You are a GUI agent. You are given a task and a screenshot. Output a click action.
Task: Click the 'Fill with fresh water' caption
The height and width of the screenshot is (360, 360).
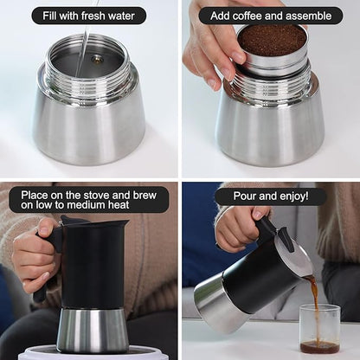[89, 16]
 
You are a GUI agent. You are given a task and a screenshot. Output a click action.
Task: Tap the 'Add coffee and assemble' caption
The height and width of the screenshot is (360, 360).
[271, 16]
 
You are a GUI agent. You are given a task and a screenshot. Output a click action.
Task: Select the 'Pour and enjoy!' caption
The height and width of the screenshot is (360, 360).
[271, 196]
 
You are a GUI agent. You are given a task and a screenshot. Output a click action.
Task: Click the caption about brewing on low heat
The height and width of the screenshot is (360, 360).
[89, 200]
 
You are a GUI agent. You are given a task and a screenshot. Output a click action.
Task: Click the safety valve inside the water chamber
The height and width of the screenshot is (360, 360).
[97, 60]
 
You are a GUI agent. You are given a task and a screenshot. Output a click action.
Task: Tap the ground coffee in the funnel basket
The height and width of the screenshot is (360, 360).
[272, 40]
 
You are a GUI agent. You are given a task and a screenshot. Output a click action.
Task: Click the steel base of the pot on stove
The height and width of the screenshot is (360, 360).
[92, 329]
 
